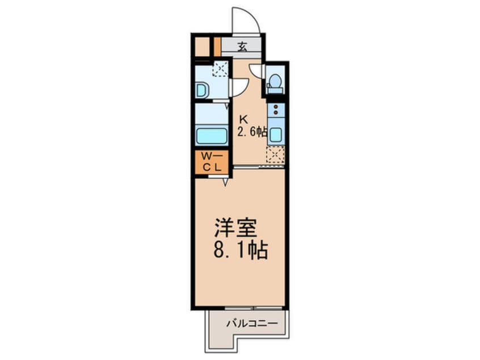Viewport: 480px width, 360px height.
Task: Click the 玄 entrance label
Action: pos(242,47)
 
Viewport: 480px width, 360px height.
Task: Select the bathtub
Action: pos(211,136)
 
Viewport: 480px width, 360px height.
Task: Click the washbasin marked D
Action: pos(201,90)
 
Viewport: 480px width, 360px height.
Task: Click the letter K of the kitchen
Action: pos(243,120)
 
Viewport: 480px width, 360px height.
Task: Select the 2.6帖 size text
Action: pos(252,132)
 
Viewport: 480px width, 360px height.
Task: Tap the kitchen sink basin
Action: pos(276,135)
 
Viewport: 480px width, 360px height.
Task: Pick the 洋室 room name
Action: pos(235,228)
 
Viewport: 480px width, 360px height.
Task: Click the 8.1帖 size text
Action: pos(241,250)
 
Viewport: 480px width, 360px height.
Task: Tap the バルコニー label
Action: pos(251,324)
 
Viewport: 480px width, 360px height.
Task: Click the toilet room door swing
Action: pos(256,71)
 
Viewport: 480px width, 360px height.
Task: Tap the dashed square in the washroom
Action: pos(220,69)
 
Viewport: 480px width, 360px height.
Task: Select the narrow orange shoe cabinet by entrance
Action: pos(217,47)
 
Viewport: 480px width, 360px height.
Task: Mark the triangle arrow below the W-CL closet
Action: pos(225,182)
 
